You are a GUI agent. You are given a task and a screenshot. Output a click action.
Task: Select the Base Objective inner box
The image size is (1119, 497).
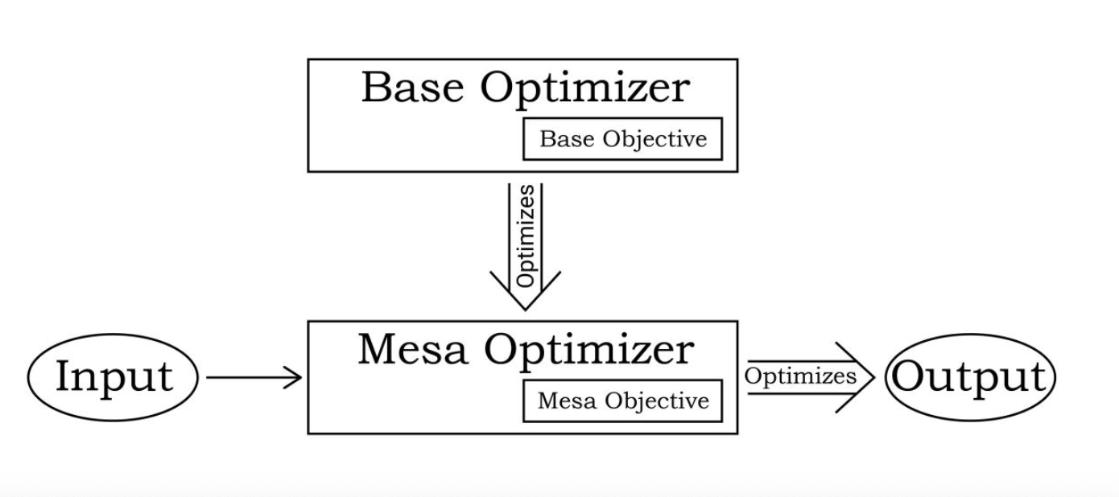click(x=622, y=139)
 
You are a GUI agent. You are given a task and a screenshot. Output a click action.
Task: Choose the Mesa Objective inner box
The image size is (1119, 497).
click(x=622, y=400)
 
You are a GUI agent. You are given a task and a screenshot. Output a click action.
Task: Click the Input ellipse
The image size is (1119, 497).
click(x=114, y=376)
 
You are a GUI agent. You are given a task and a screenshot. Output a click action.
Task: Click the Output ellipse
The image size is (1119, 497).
click(x=969, y=376)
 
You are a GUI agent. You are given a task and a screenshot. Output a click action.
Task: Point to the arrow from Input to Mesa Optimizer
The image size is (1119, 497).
click(x=254, y=376)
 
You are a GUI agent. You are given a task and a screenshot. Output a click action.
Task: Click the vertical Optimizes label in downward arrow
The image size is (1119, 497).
click(x=525, y=235)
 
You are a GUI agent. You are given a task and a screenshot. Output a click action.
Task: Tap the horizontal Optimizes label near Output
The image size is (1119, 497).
click(x=799, y=376)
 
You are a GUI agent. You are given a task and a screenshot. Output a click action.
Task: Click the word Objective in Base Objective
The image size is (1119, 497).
click(x=656, y=140)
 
